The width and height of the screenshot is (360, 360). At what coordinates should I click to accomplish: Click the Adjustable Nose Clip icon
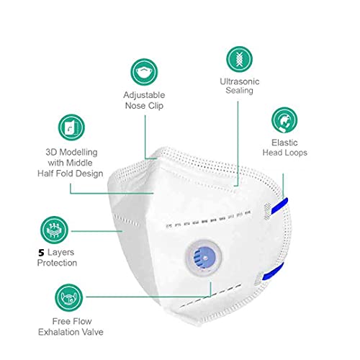point(144,72)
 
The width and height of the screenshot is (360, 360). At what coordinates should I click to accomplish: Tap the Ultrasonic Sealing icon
point(239,59)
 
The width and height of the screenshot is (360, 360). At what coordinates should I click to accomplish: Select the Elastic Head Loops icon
point(284,120)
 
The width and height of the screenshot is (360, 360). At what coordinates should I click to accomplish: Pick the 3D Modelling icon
point(71,127)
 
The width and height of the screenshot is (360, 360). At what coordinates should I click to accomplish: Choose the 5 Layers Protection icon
point(54,230)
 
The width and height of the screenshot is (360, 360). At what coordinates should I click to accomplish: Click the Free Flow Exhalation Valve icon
point(69,297)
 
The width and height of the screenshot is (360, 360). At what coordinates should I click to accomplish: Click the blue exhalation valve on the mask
point(204,258)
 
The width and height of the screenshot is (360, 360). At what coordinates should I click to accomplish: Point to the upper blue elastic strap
point(279,206)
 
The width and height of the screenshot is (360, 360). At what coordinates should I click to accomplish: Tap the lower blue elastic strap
point(273,271)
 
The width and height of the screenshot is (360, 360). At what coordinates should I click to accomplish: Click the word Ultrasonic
point(240,81)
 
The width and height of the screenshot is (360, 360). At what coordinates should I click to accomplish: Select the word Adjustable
point(144,95)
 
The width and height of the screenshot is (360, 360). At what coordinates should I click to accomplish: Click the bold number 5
point(41,253)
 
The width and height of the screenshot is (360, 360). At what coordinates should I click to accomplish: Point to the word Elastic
point(284,143)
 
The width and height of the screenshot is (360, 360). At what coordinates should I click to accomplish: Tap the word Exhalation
point(59,332)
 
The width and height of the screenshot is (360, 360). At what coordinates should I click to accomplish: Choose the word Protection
point(57,263)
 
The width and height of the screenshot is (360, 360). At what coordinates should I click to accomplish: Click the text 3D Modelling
point(71,153)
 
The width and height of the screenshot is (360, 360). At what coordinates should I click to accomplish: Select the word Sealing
point(239,91)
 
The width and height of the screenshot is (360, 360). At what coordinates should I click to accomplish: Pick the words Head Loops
point(285,153)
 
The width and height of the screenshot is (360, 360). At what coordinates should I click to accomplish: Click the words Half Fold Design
point(71,174)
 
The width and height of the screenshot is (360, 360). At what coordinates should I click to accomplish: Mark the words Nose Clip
point(144,106)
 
